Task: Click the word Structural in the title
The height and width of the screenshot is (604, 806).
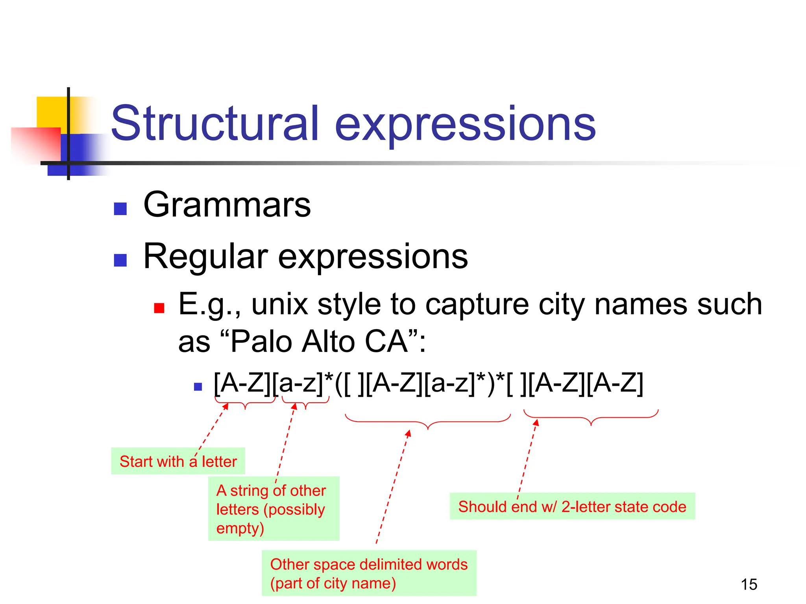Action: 214,124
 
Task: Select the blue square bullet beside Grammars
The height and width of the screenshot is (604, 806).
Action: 120,209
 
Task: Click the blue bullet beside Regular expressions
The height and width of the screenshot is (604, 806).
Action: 120,260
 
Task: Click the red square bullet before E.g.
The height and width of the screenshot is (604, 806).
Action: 159,308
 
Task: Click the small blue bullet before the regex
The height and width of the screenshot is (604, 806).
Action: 198,387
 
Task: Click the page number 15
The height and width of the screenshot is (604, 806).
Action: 749,584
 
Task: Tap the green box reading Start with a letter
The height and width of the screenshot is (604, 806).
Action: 178,461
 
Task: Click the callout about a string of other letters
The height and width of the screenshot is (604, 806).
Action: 274,509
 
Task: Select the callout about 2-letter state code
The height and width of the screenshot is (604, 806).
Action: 572,506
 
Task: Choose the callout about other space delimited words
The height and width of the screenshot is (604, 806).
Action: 369,573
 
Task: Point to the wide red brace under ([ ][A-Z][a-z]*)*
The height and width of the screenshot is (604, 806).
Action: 428,423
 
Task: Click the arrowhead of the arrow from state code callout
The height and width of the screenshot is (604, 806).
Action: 536,422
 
